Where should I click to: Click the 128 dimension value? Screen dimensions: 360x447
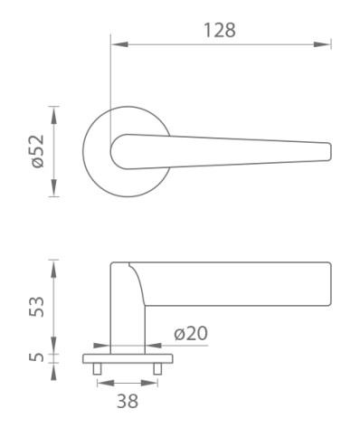pyautogui.click(x=220, y=30)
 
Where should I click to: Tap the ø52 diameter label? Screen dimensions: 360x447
pyautogui.click(x=38, y=151)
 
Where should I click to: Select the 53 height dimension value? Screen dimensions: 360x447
pyautogui.click(x=36, y=307)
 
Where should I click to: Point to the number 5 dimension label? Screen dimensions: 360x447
pyautogui.click(x=36, y=357)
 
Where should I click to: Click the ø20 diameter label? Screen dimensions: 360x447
pyautogui.click(x=191, y=333)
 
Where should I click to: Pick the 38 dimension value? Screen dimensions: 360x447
pyautogui.click(x=128, y=401)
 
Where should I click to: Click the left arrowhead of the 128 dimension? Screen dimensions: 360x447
pyautogui.click(x=119, y=44)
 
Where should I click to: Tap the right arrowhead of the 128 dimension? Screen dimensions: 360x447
pyautogui.click(x=322, y=44)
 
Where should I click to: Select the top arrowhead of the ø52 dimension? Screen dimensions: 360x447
pyautogui.click(x=53, y=115)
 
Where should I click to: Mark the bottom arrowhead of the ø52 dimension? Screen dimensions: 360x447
pyautogui.click(x=53, y=187)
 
